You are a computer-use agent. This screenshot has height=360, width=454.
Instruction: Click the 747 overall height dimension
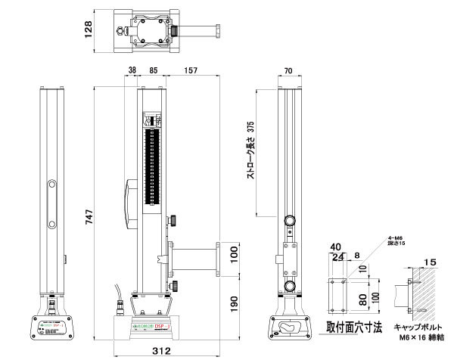88,219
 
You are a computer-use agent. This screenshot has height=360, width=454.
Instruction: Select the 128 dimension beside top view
88,29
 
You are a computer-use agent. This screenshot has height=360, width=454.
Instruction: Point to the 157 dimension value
190,71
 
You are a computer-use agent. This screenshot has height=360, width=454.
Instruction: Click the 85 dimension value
153,71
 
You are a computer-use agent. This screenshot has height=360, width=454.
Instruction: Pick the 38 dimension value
132,71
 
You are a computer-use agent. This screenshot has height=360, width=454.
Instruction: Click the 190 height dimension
234,304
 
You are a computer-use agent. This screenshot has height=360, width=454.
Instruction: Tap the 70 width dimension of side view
288,71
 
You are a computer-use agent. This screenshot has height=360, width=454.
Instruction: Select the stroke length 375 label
250,151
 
